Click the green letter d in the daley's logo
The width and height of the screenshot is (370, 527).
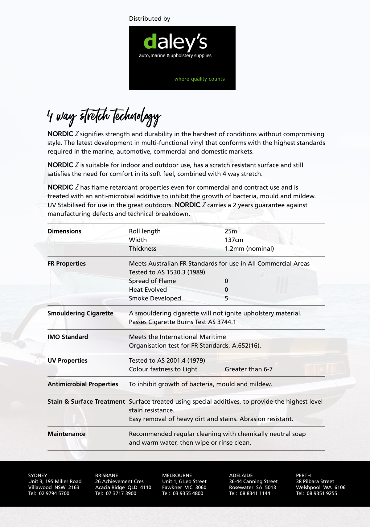pos(150,42)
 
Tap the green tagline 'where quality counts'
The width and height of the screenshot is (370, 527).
pos(199,79)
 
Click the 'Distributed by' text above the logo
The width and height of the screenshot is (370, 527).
pos(150,19)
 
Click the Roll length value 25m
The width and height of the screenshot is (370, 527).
pos(231,231)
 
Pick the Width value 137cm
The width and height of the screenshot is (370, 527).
pos(234,240)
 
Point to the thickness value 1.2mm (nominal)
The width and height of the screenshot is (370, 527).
pos(249,249)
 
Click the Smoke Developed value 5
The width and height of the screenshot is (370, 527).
pos(226,298)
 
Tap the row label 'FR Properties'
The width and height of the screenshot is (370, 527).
pos(67,264)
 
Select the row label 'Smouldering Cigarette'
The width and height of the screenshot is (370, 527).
pos(80,313)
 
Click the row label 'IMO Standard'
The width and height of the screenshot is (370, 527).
pos(68,337)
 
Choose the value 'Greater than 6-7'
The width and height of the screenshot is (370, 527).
pos(249,369)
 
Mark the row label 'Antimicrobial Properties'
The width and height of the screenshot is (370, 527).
pos(83,384)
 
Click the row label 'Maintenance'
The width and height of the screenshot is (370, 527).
pos(66,434)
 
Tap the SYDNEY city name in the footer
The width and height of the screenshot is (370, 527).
pos(38,476)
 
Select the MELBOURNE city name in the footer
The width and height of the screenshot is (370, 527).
pos(177,476)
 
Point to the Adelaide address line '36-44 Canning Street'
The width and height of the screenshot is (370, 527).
pos(253,481)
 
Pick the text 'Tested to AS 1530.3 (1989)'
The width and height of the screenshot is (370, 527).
pos(167,272)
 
